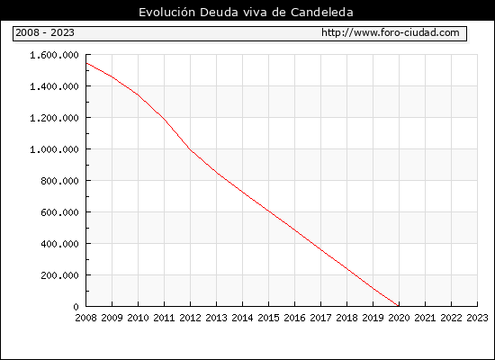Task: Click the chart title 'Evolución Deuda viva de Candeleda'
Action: pyautogui.click(x=246, y=13)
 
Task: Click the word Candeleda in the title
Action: pyautogui.click(x=322, y=13)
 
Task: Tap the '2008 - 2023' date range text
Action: pyautogui.click(x=45, y=32)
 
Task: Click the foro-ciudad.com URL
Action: pyautogui.click(x=391, y=32)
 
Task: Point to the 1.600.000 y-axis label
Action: pyautogui.click(x=54, y=55)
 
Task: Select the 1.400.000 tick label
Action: pyautogui.click(x=54, y=86)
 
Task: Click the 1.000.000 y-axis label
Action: pyautogui.click(x=54, y=149)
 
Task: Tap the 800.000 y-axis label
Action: pyautogui.click(x=59, y=181)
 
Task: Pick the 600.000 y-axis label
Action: pyautogui.click(x=59, y=212)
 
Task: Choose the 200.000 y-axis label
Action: pyautogui.click(x=59, y=275)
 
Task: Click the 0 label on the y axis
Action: pyautogui.click(x=76, y=307)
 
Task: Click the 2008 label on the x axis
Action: pyautogui.click(x=85, y=318)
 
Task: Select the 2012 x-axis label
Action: pyautogui.click(x=191, y=318)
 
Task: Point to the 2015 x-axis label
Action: pyautogui.click(x=269, y=318)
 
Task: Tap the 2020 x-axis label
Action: pyautogui.click(x=399, y=318)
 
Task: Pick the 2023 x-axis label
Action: pyautogui.click(x=477, y=318)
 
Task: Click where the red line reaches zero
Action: pyautogui.click(x=399, y=306)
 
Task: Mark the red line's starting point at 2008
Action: pyautogui.click(x=86, y=63)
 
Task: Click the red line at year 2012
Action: pyautogui.click(x=191, y=149)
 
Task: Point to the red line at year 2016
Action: pyautogui.click(x=295, y=229)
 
